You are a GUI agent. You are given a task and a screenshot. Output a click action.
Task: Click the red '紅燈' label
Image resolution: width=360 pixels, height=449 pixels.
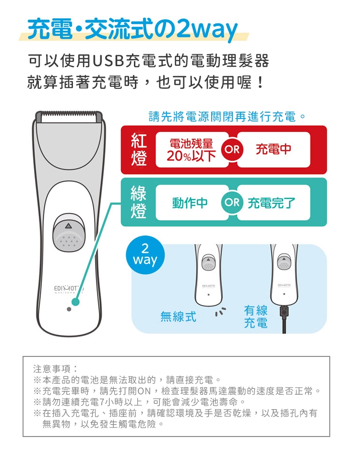click(139, 150)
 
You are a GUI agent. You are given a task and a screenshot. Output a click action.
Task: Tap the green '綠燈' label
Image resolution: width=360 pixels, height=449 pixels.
click(139, 202)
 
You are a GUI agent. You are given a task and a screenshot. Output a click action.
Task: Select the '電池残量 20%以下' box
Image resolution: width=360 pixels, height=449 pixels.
click(192, 150)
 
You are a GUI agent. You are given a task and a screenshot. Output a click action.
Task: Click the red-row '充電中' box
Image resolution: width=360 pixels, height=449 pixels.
click(274, 150)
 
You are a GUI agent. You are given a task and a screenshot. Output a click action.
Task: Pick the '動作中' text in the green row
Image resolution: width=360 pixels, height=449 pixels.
click(190, 203)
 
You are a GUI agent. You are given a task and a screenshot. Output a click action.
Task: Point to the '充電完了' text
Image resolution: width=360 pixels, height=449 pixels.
click(271, 203)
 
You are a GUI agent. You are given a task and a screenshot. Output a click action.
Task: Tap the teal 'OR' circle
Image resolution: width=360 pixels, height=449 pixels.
click(232, 202)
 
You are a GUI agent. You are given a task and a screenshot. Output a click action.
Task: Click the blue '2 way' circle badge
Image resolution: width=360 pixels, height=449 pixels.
click(145, 255)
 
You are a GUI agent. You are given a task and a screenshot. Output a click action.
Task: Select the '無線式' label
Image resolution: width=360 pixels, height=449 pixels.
click(178, 317)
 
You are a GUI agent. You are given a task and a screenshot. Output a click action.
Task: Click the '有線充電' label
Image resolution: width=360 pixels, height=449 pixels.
click(256, 317)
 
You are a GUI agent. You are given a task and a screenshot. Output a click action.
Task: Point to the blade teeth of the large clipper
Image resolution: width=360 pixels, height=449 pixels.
click(69, 117)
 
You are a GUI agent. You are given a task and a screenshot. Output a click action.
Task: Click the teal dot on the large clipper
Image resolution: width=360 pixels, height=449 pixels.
click(75, 302)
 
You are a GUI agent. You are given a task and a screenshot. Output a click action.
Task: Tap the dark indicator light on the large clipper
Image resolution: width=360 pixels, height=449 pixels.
click(69, 309)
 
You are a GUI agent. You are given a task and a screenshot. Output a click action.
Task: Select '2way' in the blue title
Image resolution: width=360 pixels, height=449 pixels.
click(207, 29)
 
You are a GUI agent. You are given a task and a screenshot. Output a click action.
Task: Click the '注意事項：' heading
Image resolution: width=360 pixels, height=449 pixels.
click(55, 368)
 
